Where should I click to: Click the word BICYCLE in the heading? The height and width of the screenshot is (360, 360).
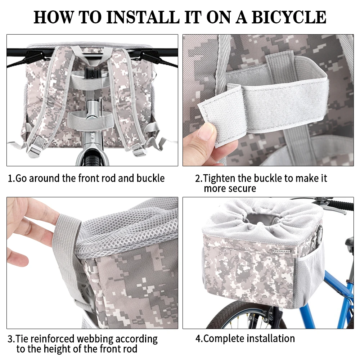(289, 17)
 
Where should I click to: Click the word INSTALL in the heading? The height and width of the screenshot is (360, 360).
(143, 17)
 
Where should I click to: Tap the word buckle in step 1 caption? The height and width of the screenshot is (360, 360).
(150, 178)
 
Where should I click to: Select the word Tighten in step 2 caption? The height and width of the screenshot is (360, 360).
(219, 179)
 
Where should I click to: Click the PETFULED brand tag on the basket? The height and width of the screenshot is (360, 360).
(282, 251)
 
